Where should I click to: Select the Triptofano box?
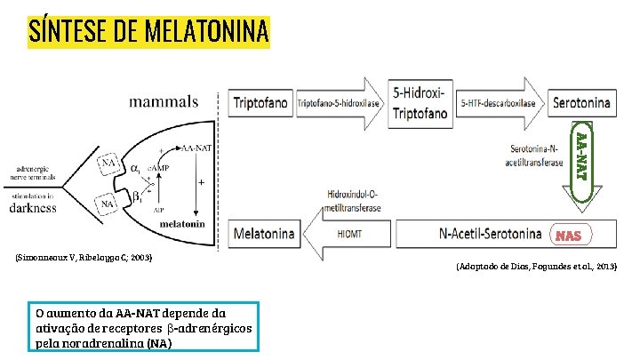(261, 103)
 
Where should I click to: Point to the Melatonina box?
(264, 235)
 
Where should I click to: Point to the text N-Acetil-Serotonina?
(490, 235)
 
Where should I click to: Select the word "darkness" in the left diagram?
(33, 208)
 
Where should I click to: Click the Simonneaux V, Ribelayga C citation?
(84, 258)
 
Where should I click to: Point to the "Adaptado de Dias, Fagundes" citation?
(536, 266)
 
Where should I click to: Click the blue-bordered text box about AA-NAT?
(143, 327)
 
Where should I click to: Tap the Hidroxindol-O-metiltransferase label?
(355, 200)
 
